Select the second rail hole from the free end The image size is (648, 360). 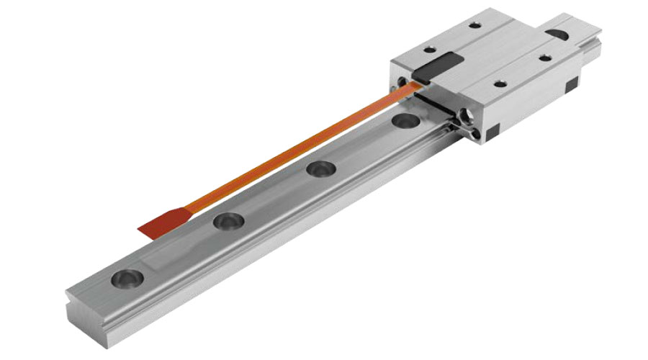pos(228,220)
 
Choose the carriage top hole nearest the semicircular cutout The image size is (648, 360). pos(544,57)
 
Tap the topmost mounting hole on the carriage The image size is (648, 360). pos(474,25)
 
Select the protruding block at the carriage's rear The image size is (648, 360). pos(576,29)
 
